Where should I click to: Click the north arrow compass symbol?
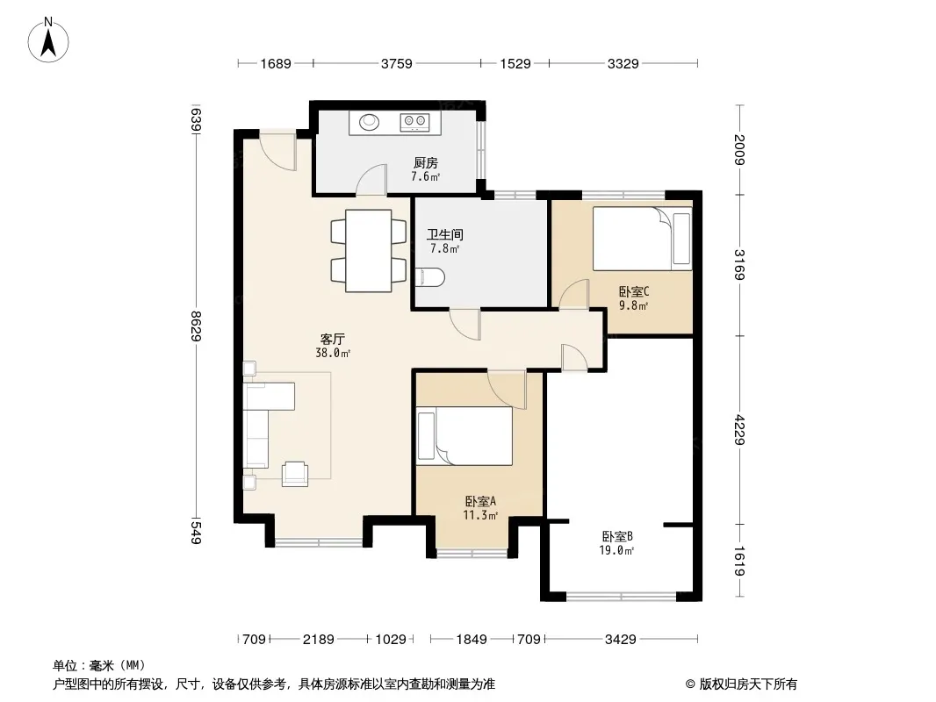tap(48, 40)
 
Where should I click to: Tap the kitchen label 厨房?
tap(426, 163)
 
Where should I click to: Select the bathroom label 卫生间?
tap(444, 235)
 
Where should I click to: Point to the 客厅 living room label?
tap(333, 340)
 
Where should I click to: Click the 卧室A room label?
tap(480, 502)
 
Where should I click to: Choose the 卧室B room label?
tap(617, 537)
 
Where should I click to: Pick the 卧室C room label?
tap(633, 291)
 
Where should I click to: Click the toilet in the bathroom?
tap(429, 277)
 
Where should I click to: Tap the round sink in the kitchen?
tap(370, 122)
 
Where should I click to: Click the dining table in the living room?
tap(369, 250)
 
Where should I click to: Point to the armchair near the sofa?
tap(296, 474)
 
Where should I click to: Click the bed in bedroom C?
tap(643, 239)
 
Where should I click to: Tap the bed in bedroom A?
tap(464, 436)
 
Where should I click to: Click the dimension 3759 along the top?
tap(397, 63)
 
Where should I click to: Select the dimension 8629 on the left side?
tap(196, 326)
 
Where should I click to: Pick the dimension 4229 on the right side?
tap(739, 429)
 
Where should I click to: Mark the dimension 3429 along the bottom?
tap(621, 640)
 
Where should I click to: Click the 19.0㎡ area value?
tap(616, 550)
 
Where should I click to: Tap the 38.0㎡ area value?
tap(333, 353)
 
